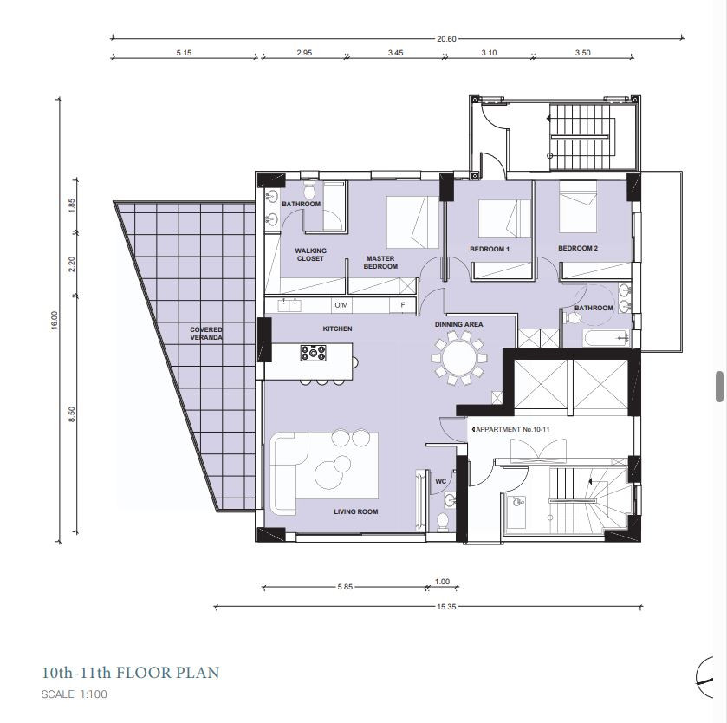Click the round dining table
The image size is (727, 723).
tap(459, 357)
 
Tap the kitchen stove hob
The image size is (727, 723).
tap(313, 353)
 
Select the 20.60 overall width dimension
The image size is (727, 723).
tap(446, 39)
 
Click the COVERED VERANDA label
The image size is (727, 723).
tap(206, 334)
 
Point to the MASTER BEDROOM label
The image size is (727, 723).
tap(380, 263)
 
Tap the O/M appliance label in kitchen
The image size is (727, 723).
tap(341, 305)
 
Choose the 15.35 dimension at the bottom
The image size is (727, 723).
tap(446, 606)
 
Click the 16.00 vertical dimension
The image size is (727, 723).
tap(55, 321)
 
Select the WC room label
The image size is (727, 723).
tap(440, 481)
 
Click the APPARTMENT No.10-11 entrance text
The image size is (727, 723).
tap(512, 429)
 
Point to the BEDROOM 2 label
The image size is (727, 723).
tap(578, 248)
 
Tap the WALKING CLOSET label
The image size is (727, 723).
tap(310, 255)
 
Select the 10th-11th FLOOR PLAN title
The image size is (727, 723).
tap(130, 673)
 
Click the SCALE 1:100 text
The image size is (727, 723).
tap(75, 694)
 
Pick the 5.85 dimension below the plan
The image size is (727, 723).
tap(345, 587)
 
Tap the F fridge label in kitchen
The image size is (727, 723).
tap(402, 305)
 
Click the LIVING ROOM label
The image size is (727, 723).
tap(355, 511)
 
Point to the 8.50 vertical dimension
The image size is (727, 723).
tap(71, 414)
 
